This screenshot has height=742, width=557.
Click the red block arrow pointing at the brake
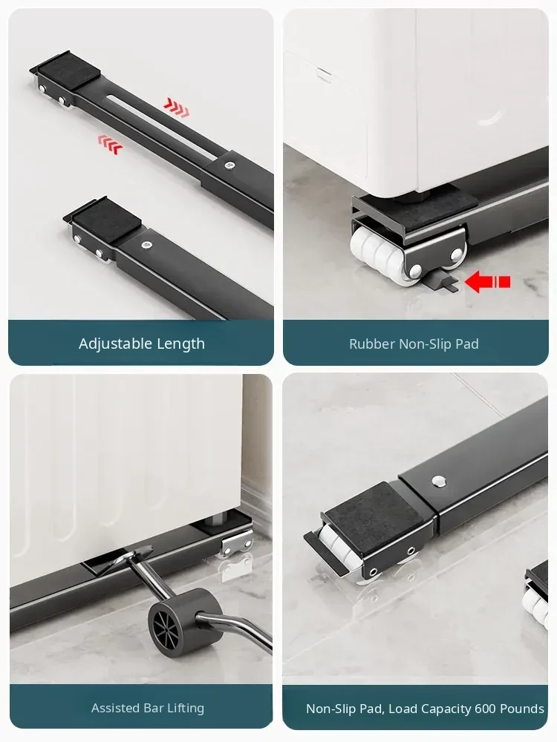pyautogui.click(x=488, y=282)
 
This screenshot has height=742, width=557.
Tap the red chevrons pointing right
pyautogui.click(x=176, y=107)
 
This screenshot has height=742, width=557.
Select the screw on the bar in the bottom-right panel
pyautogui.click(x=439, y=481)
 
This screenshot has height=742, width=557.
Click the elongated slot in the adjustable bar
pyautogui.click(x=164, y=125)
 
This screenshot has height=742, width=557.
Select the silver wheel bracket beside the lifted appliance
pyautogui.click(x=237, y=543)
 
